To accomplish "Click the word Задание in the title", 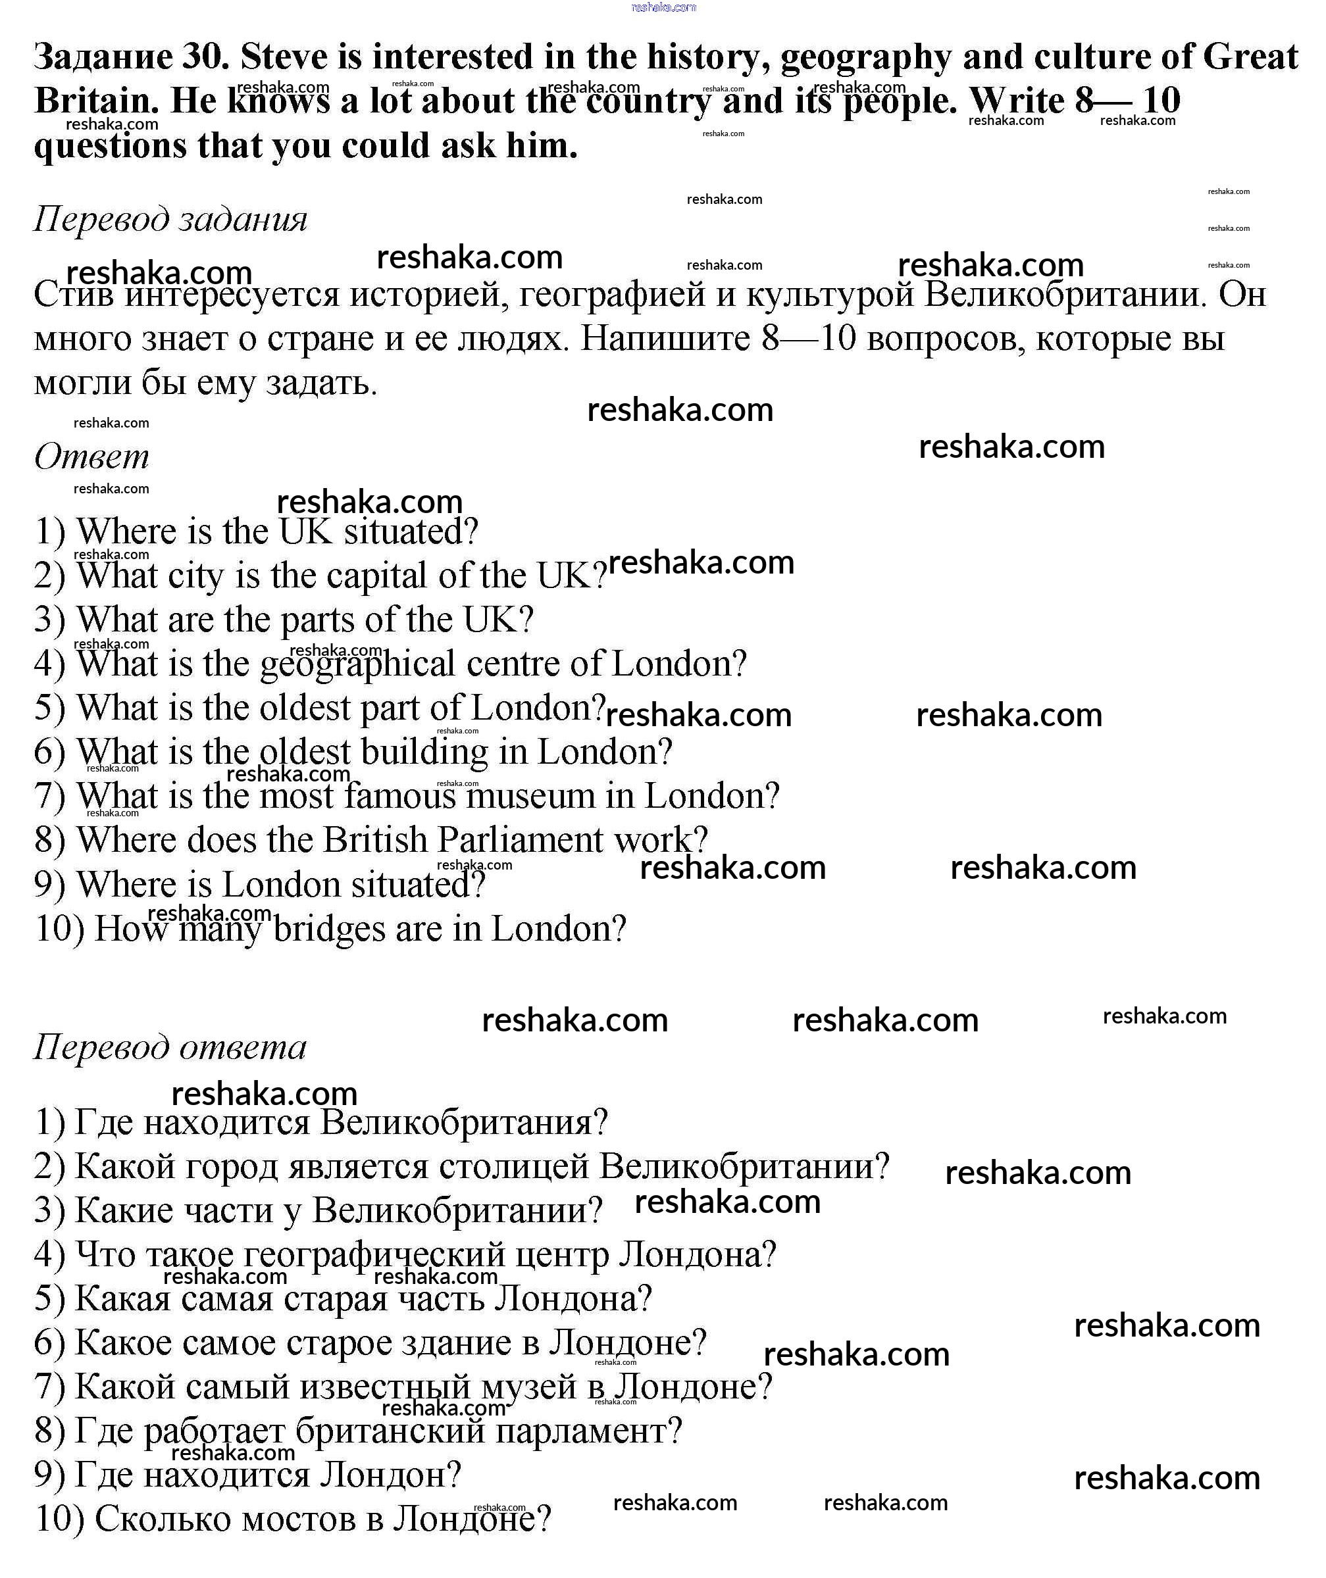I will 103,58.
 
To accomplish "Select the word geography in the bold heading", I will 866,58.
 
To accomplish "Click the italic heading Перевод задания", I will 170,220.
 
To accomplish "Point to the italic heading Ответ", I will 91,457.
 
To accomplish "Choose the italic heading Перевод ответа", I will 170,1047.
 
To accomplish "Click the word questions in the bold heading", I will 110,146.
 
